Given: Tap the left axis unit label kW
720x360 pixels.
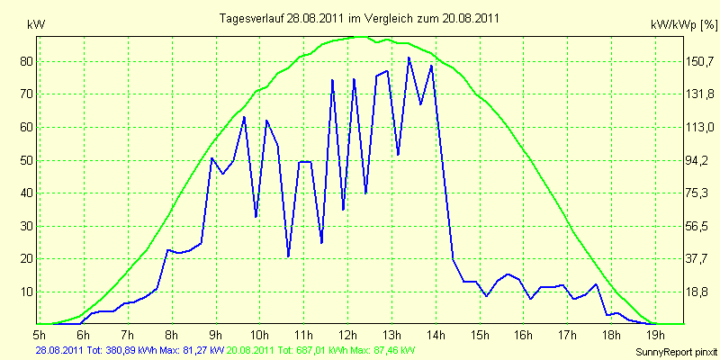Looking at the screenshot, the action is pyautogui.click(x=36, y=26).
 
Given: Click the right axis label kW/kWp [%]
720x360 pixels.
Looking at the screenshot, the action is pyautogui.click(x=684, y=25).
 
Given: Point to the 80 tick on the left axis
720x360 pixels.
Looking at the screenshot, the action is pyautogui.click(x=23, y=61).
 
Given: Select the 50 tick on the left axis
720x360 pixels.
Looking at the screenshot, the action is pyautogui.click(x=23, y=161).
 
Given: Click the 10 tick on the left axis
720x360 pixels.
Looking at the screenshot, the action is pyautogui.click(x=23, y=292).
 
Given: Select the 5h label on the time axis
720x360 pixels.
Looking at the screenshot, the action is pyautogui.click(x=40, y=333).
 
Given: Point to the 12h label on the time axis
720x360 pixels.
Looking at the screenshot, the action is pyautogui.click(x=348, y=333).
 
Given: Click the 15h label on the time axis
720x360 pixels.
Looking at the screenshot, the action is pyautogui.click(x=480, y=333).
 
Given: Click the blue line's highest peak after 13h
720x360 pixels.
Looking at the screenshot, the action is pyautogui.click(x=409, y=58).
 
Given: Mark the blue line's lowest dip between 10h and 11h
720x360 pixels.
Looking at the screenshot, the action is pyautogui.click(x=288, y=256).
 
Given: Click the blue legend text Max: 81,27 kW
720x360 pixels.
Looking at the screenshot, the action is pyautogui.click(x=192, y=350).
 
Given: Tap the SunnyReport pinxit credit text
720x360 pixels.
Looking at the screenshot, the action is pyautogui.click(x=676, y=352).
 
